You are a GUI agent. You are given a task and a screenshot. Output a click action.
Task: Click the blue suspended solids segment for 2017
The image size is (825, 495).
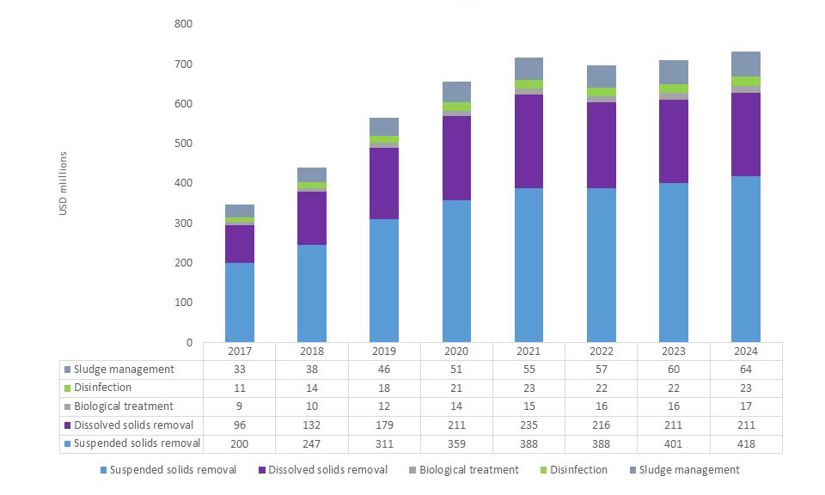pyautogui.click(x=240, y=302)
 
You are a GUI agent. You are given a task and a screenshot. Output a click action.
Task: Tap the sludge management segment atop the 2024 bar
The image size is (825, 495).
pyautogui.click(x=745, y=64)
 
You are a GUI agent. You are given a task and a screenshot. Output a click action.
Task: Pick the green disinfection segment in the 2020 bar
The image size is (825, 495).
pyautogui.click(x=456, y=107)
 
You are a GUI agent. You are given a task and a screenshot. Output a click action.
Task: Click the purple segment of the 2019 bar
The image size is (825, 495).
pyautogui.click(x=384, y=183)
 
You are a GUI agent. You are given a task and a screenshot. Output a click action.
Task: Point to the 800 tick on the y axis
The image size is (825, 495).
pyautogui.click(x=183, y=24)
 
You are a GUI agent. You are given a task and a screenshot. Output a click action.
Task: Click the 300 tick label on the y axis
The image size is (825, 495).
pyautogui.click(x=183, y=223)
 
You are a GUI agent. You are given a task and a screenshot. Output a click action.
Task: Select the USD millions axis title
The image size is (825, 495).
pyautogui.click(x=64, y=183)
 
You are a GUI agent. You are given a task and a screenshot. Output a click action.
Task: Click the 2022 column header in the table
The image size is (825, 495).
pyautogui.click(x=602, y=351)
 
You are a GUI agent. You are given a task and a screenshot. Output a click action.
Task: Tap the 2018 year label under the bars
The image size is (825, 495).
pyautogui.click(x=312, y=351)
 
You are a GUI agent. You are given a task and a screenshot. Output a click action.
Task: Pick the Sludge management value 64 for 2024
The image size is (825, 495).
pyautogui.click(x=745, y=370)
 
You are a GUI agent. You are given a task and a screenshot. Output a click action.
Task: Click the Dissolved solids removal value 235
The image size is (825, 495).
pyautogui.click(x=529, y=425)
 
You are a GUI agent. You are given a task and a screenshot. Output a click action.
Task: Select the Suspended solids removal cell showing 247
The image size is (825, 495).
pyautogui.click(x=312, y=443)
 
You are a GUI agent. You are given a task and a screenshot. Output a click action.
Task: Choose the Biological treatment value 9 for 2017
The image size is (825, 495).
pyautogui.click(x=240, y=406)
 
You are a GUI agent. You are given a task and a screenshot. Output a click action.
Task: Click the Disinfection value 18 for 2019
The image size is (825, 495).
pyautogui.click(x=384, y=388)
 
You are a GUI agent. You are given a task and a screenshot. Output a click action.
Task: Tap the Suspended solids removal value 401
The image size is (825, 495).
pyautogui.click(x=673, y=443)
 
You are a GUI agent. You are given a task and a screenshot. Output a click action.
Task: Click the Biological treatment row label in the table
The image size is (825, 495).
pyautogui.click(x=124, y=406)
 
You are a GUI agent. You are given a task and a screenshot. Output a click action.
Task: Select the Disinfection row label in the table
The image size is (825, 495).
pyautogui.click(x=103, y=388)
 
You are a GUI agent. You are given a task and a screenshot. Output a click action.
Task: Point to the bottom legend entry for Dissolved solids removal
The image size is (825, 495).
pyautogui.click(x=327, y=470)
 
